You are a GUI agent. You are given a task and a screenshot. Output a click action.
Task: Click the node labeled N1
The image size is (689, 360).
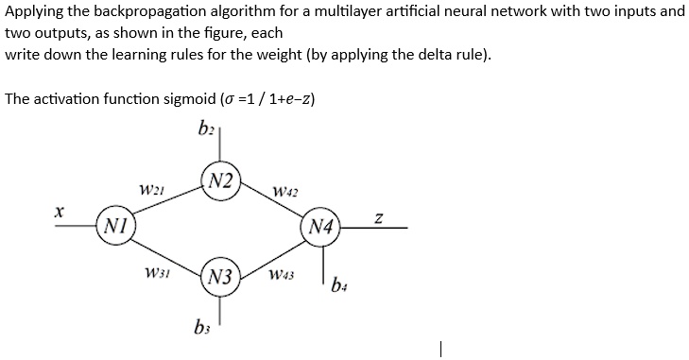115,228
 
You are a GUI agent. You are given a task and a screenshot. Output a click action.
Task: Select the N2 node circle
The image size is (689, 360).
221,180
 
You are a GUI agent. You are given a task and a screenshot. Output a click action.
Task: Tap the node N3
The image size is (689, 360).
220,278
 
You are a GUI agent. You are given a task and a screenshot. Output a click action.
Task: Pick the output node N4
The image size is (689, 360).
321,228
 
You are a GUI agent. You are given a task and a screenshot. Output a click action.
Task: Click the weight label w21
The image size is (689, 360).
151,190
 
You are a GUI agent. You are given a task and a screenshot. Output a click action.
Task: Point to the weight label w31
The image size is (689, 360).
155,274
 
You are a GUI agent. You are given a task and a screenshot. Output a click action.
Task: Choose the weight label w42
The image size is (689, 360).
284,193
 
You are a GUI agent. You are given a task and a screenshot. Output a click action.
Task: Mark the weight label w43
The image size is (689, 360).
282,275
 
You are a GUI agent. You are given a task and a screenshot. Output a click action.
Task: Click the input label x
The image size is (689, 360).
58,214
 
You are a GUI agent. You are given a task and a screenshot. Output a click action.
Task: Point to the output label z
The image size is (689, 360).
378,218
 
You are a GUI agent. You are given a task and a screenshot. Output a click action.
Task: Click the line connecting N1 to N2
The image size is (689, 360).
165,203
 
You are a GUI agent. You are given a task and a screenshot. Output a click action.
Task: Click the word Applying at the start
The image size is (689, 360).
34,12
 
